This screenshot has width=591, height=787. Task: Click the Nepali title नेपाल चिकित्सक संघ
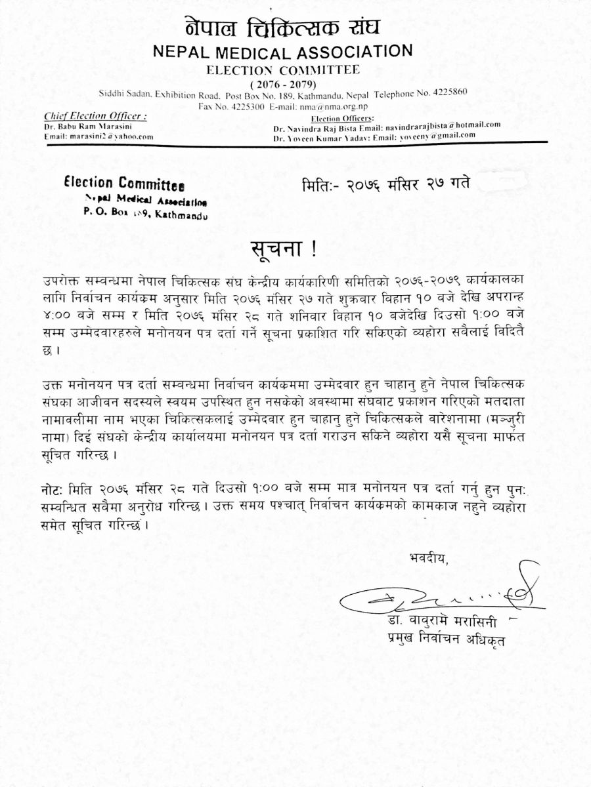[282, 28]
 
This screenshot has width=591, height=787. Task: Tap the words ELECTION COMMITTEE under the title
[283, 70]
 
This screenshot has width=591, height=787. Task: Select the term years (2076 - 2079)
[283, 84]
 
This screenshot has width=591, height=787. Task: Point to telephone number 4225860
[448, 92]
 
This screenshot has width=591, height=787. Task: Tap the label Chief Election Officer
[95, 115]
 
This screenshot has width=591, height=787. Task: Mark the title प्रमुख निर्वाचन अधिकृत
[446, 636]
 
